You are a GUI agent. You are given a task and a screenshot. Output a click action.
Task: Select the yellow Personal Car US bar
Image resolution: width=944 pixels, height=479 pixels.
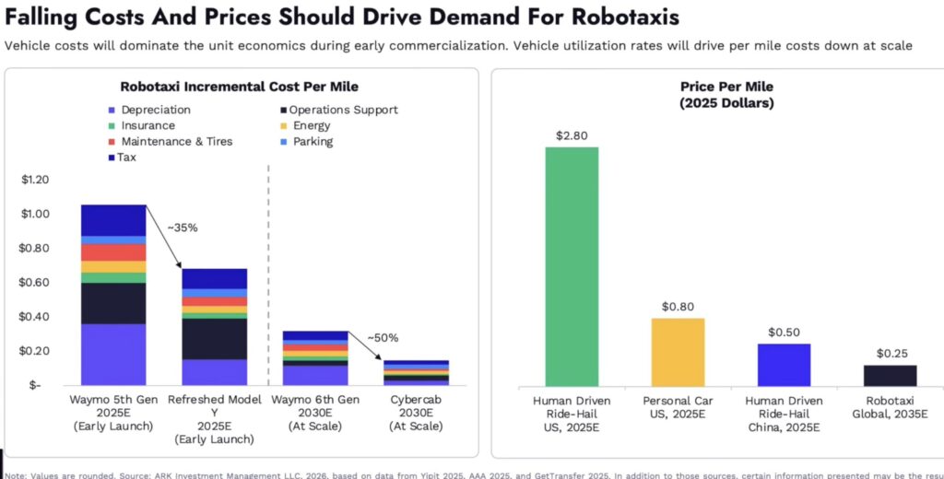(x=678, y=351)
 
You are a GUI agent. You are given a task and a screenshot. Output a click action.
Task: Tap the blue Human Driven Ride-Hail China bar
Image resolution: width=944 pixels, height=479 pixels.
(x=784, y=364)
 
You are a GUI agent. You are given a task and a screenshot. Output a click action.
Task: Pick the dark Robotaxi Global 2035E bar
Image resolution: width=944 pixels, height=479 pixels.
(x=890, y=375)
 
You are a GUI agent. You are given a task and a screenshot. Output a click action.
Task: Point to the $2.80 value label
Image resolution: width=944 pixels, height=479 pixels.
(x=572, y=135)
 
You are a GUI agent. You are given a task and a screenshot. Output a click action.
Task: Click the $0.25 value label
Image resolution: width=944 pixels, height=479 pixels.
(x=890, y=354)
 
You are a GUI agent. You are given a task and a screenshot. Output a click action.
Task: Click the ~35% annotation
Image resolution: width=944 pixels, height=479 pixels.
(x=183, y=227)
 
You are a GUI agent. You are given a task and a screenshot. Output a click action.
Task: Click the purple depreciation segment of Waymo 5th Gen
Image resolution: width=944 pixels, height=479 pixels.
(x=113, y=354)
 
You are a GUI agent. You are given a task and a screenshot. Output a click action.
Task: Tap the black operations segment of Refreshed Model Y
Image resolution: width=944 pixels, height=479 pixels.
(x=215, y=338)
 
